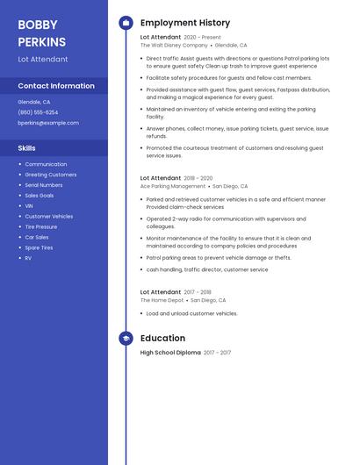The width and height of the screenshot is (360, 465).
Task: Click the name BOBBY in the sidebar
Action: click(x=37, y=25)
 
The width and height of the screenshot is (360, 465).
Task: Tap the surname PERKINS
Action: click(x=41, y=42)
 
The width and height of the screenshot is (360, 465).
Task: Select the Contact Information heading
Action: click(x=56, y=86)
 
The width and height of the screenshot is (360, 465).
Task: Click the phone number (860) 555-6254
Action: click(x=38, y=112)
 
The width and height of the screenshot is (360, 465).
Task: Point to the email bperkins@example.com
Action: click(x=48, y=123)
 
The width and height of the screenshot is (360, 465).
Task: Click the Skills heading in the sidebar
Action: click(x=27, y=148)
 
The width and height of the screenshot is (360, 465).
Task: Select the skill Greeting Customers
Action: click(x=50, y=175)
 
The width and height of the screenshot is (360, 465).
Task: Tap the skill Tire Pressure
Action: click(x=41, y=226)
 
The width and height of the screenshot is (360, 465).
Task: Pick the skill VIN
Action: click(x=29, y=206)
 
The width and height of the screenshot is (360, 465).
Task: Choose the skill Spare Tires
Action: click(x=39, y=247)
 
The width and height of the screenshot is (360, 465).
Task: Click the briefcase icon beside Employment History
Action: click(x=126, y=23)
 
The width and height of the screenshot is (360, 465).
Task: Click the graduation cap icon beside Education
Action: click(x=126, y=339)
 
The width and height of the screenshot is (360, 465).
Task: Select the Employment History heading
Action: click(x=185, y=23)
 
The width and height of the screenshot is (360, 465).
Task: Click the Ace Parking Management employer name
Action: click(x=173, y=186)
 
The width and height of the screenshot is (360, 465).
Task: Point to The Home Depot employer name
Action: click(x=162, y=300)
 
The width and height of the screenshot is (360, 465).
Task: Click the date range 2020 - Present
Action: click(x=203, y=38)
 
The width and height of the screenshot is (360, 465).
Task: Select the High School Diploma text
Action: click(x=170, y=353)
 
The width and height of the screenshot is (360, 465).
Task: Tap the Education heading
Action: click(x=162, y=339)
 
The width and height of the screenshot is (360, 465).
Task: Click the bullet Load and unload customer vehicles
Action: click(x=191, y=313)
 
